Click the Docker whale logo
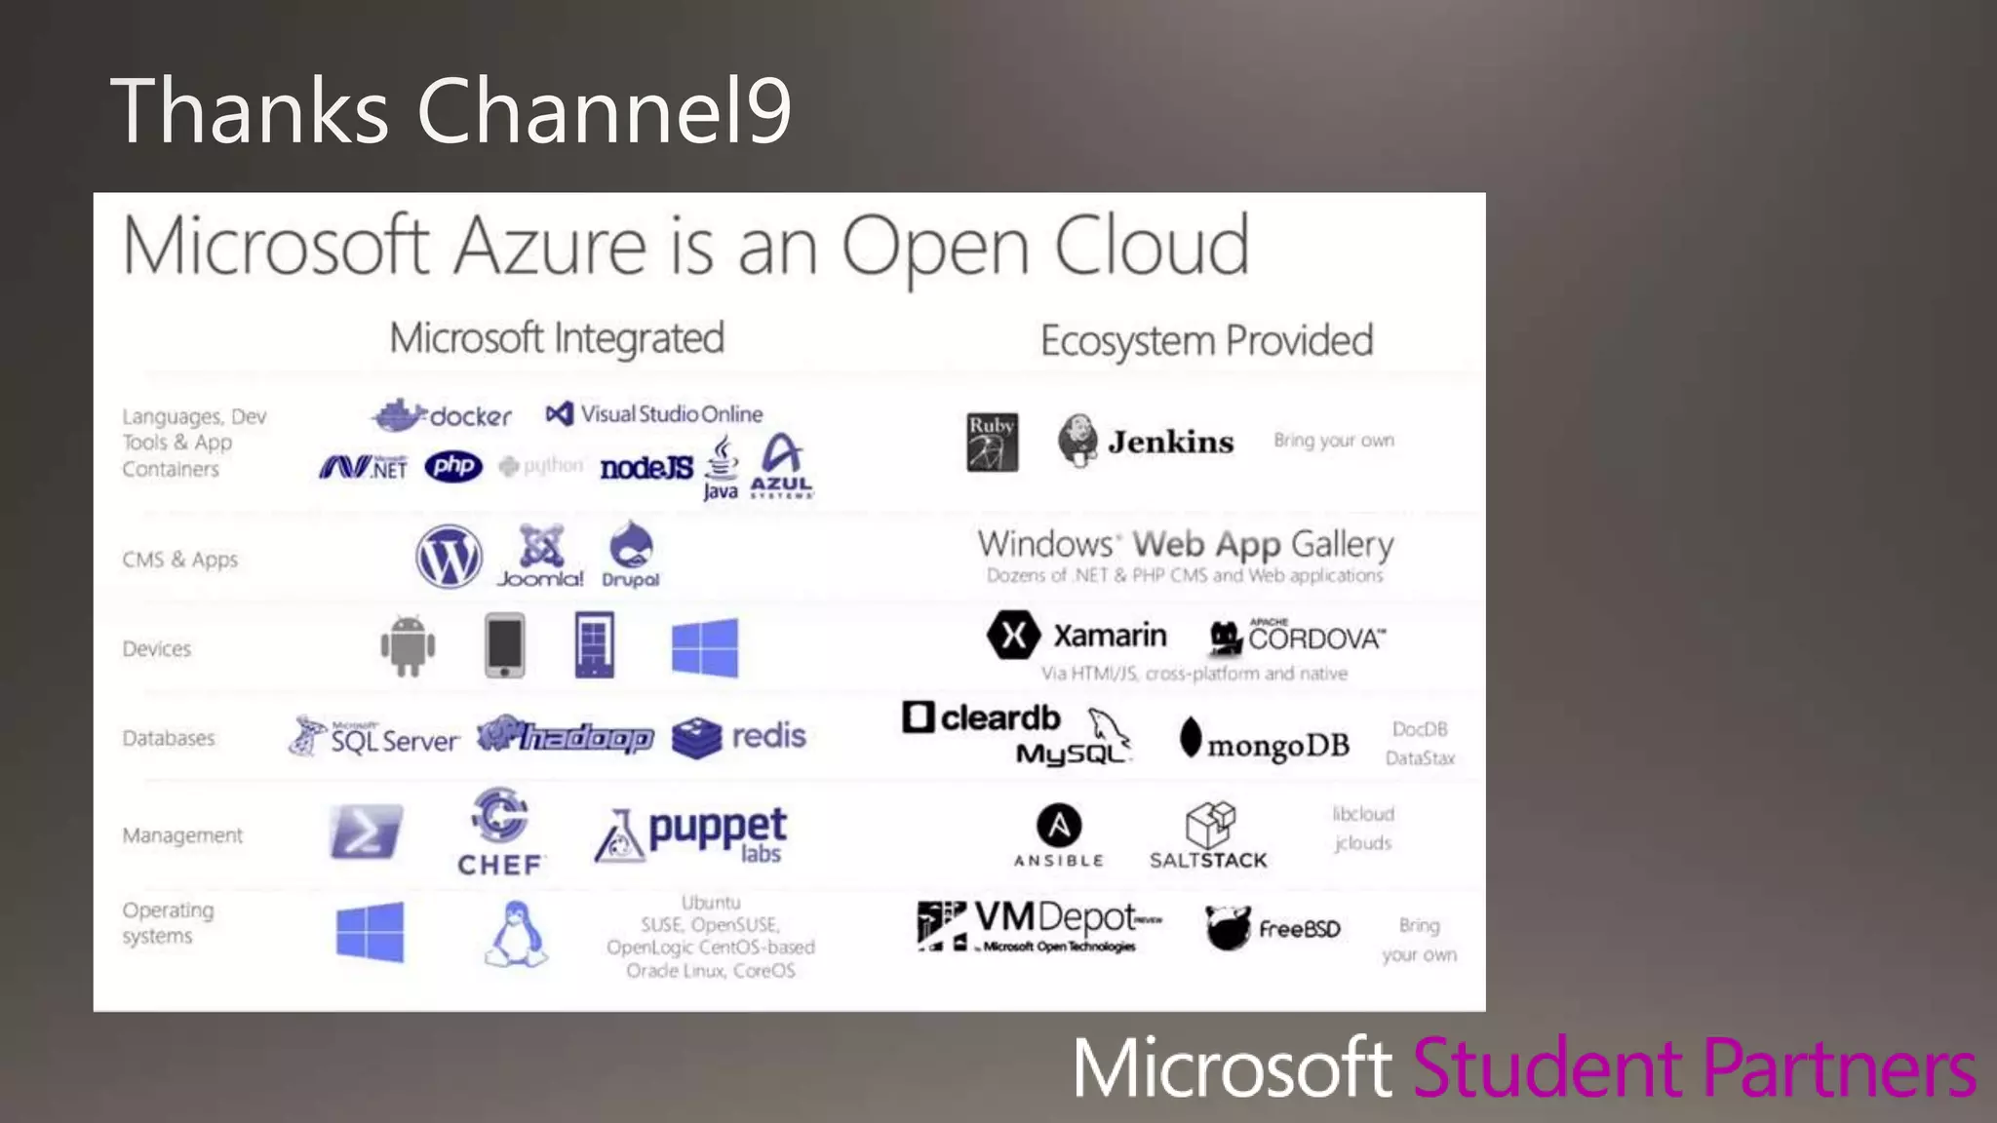tap(398, 415)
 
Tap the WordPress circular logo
tap(449, 557)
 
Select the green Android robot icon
tap(408, 645)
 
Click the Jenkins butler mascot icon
tap(1077, 441)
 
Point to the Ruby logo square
tap(992, 442)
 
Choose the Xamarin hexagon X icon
tap(1013, 636)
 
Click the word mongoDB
tap(1278, 746)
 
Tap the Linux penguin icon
tap(516, 934)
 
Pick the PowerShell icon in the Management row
tap(366, 832)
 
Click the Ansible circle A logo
tap(1059, 826)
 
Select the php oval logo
tap(453, 467)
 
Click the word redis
tap(769, 735)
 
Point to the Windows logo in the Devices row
tap(705, 647)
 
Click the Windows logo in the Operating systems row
tap(370, 932)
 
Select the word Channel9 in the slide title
tap(604, 110)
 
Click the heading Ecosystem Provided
tap(1206, 341)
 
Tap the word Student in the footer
tap(1547, 1067)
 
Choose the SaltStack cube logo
tap(1209, 825)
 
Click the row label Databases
tap(169, 738)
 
